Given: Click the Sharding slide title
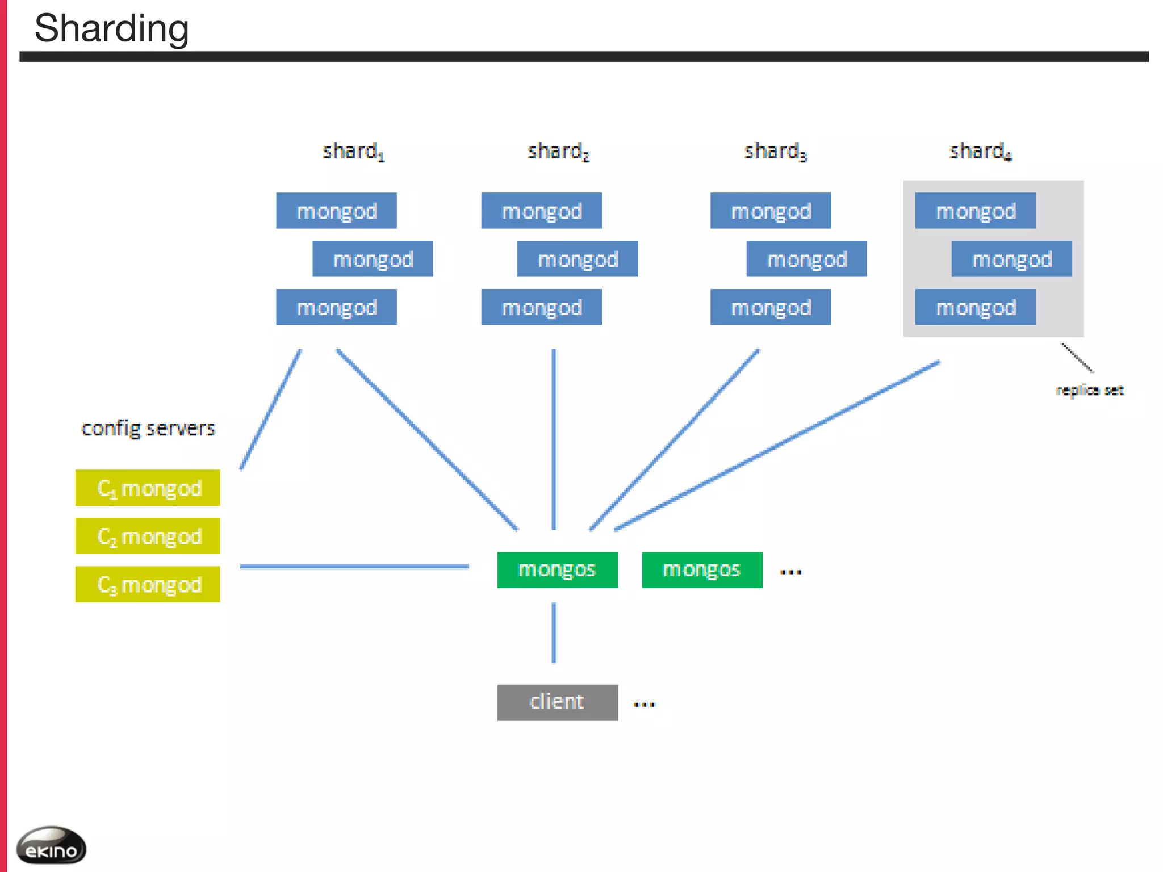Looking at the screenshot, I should click(x=111, y=28).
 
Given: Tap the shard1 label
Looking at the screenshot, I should click(x=353, y=152).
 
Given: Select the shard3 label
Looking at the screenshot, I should click(x=775, y=152).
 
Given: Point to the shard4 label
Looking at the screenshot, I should click(x=980, y=152).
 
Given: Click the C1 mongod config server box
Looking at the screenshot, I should click(x=148, y=488).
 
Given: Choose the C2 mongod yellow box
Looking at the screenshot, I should click(x=148, y=536).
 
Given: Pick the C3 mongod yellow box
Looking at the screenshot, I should click(x=148, y=584).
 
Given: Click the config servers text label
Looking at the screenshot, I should click(x=148, y=428).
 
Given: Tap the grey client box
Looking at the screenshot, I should click(x=557, y=702).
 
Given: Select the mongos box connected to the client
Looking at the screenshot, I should click(x=557, y=569).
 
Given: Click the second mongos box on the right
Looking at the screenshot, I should click(x=702, y=569).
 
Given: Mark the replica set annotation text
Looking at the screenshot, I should click(x=1089, y=391).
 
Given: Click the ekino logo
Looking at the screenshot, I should click(x=51, y=846).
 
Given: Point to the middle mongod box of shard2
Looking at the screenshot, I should click(x=578, y=259).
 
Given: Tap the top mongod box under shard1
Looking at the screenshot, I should click(x=336, y=211).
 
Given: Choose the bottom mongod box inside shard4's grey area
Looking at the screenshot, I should click(x=975, y=307).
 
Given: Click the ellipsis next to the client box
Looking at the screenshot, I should click(x=644, y=705).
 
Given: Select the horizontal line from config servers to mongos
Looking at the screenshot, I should click(x=354, y=567).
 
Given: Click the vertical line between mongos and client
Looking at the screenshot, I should click(x=554, y=633).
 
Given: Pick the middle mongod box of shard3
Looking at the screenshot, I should click(x=806, y=259).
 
